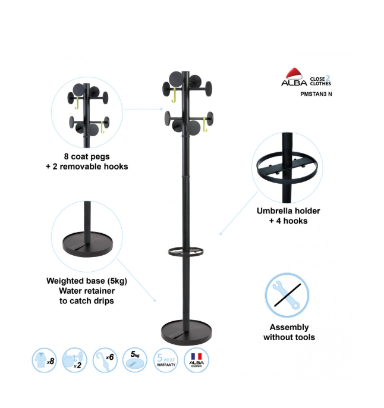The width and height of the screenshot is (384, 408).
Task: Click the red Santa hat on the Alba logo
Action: [x=294, y=74]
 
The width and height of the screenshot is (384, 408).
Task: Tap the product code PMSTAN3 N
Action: [x=316, y=94]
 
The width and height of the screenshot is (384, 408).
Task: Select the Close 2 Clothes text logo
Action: [x=320, y=81]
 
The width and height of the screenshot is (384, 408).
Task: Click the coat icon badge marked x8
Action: [x=44, y=360]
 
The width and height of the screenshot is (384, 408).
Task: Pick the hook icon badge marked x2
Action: [x=75, y=360]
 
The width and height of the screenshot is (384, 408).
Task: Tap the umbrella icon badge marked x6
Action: [x=105, y=360]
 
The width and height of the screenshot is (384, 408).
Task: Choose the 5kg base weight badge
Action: [x=135, y=360]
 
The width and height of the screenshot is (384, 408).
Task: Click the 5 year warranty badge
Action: [x=166, y=360]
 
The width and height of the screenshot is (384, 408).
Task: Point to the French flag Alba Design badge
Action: [x=196, y=360]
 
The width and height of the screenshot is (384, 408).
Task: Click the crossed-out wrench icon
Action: [x=287, y=295]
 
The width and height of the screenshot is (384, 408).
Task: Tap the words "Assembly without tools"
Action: [x=289, y=332]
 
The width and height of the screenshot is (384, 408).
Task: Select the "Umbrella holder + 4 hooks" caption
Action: [x=288, y=216]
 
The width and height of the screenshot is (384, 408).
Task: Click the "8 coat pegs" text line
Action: [x=87, y=156]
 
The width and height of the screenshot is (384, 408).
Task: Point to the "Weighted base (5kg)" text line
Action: [x=87, y=281]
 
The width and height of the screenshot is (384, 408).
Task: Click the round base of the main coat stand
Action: [x=187, y=333]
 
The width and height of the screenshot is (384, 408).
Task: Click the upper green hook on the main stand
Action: [x=174, y=95]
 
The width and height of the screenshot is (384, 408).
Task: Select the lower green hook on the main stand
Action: [x=205, y=125]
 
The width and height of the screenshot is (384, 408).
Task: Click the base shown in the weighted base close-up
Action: [x=87, y=244]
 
